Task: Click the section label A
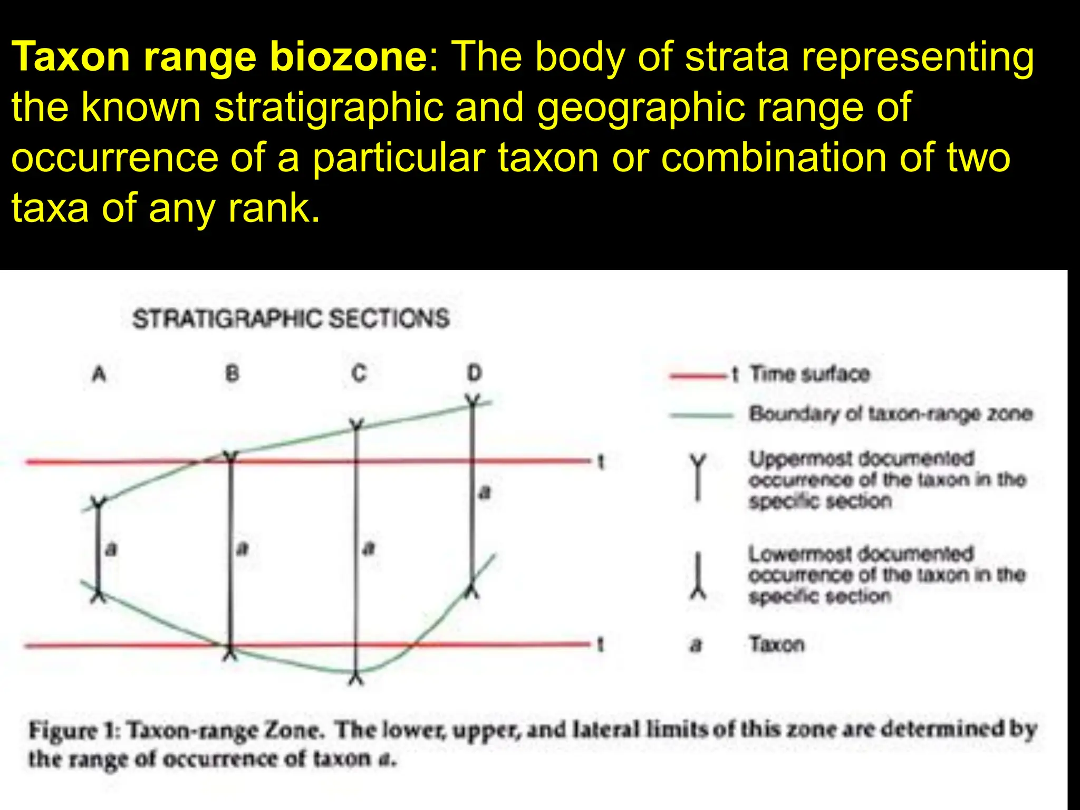(x=99, y=374)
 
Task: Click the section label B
(x=232, y=374)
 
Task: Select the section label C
(x=359, y=373)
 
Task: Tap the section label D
(x=474, y=373)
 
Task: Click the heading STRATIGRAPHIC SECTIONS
(x=291, y=319)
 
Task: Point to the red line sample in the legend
(x=699, y=376)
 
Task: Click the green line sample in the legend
(x=701, y=415)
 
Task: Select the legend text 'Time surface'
(x=809, y=374)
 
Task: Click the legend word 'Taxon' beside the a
(x=777, y=644)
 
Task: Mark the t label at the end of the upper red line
(x=600, y=462)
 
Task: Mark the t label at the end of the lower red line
(x=600, y=644)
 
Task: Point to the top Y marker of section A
(x=98, y=502)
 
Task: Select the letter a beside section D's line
(x=485, y=493)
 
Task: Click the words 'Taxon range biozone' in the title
(x=219, y=56)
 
